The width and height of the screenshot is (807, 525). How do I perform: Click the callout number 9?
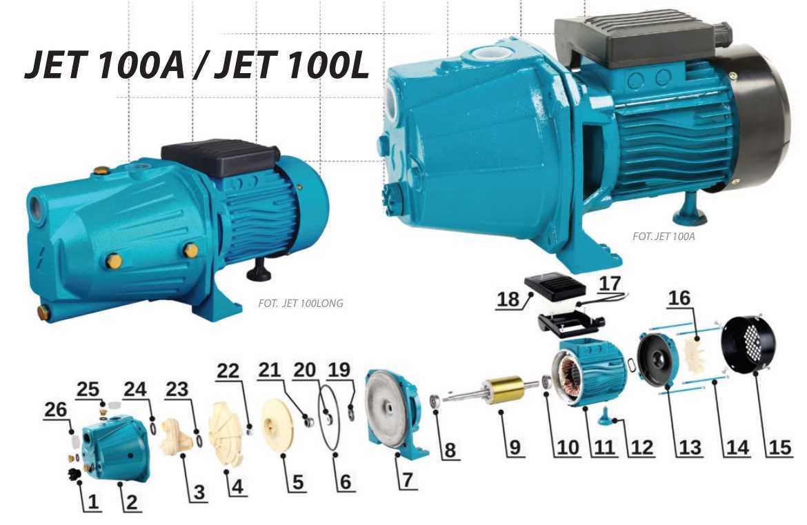tap(515, 447)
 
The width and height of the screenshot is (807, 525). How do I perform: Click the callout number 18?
tap(508, 299)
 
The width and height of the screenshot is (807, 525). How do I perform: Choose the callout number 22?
tap(228, 370)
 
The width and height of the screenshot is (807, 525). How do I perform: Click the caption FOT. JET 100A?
tap(664, 236)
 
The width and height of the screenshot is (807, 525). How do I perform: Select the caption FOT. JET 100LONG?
tap(301, 303)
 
